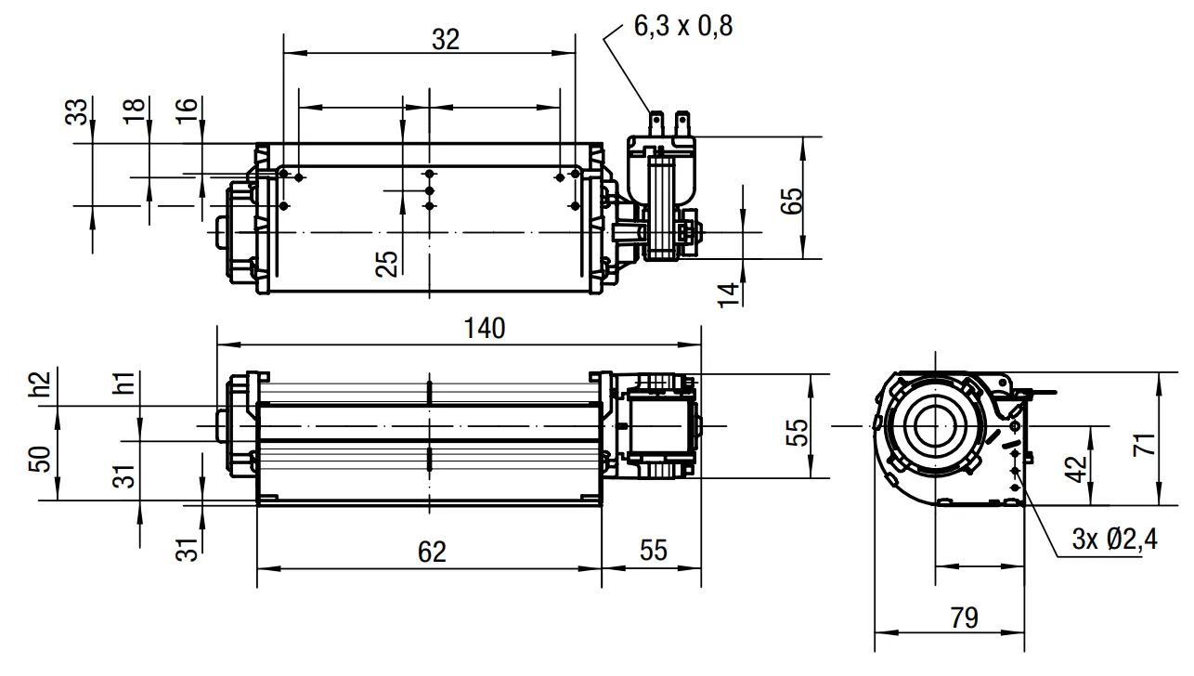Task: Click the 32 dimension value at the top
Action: tap(446, 39)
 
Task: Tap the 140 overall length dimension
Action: tap(485, 329)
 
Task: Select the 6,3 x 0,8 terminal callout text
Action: tap(683, 26)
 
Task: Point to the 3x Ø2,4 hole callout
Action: tap(1114, 539)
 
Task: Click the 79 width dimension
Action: tap(965, 617)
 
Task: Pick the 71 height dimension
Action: tap(1145, 445)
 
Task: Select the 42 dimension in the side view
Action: tap(1076, 469)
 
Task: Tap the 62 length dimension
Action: tap(432, 552)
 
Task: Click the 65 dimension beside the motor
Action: tap(792, 201)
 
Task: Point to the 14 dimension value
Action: tap(729, 294)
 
